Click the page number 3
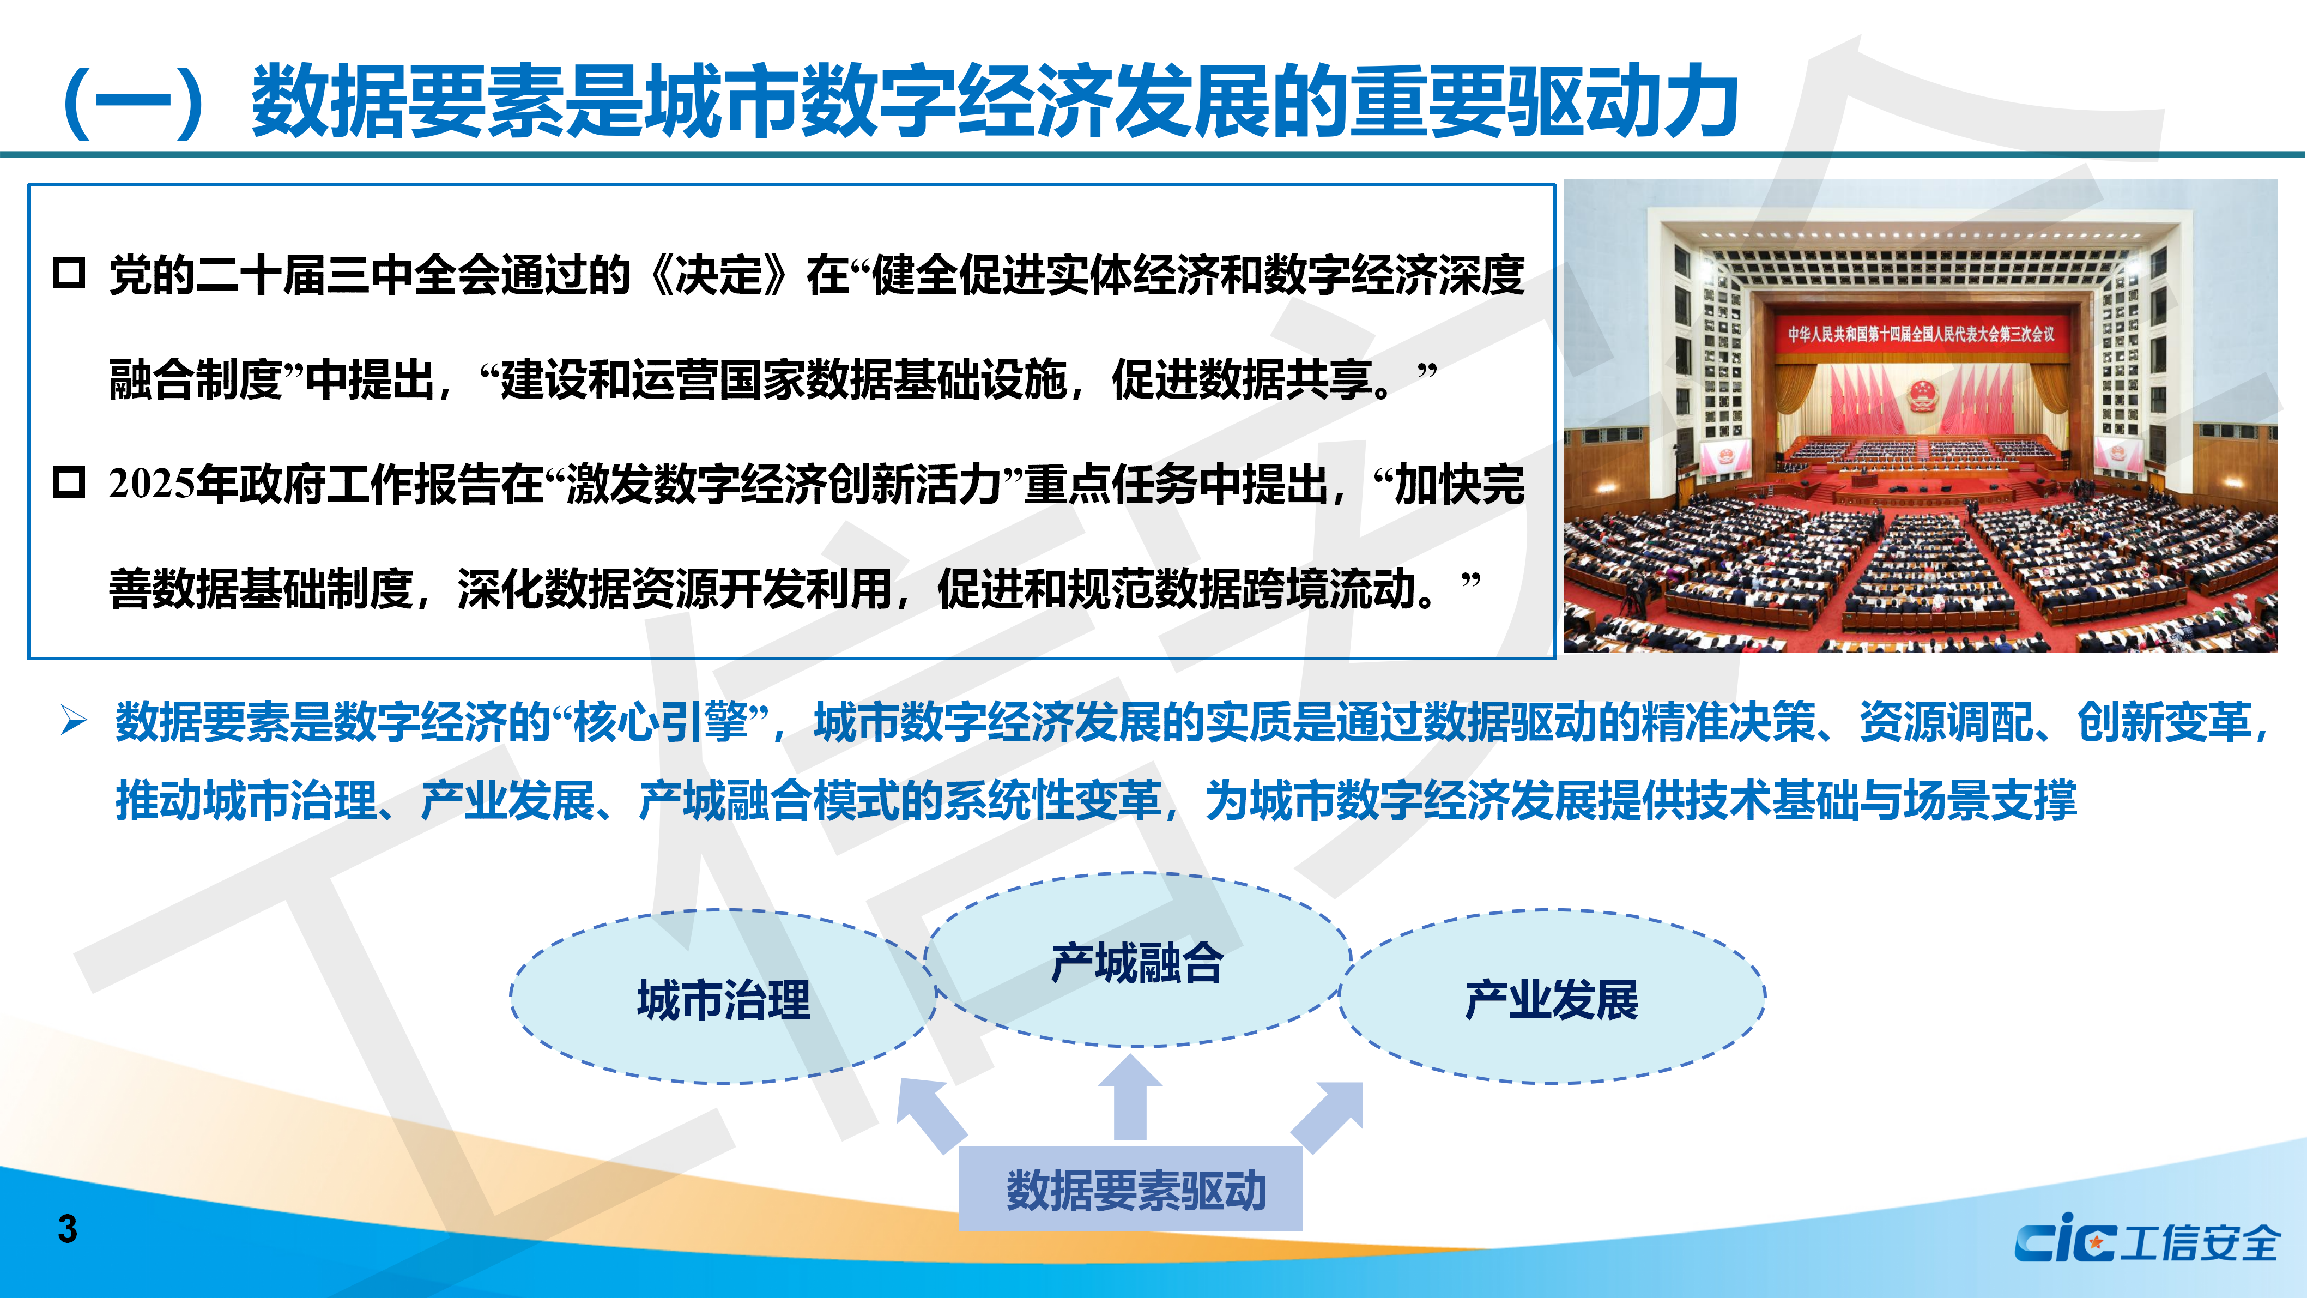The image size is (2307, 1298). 67,1229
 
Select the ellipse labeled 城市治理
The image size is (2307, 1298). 723,997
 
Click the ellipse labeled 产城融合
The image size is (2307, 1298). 1137,959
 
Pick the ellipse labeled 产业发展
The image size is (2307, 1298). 1552,997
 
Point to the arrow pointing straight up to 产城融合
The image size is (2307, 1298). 1130,1097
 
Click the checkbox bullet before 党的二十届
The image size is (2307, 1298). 69,273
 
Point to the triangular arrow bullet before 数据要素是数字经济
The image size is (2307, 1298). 74,720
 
